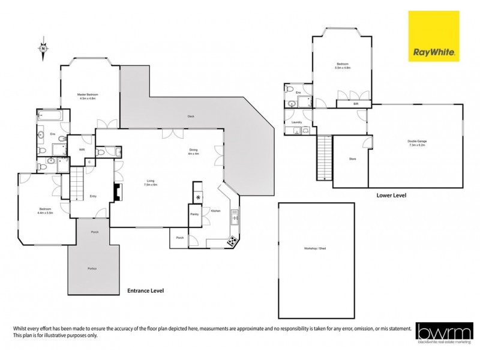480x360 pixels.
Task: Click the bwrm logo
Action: point(442,334)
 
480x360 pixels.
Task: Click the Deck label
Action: point(191,116)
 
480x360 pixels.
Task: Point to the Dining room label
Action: point(193,152)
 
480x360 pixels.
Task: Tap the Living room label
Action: point(151,182)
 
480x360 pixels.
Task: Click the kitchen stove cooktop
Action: point(231,241)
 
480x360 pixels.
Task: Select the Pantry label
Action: point(194,214)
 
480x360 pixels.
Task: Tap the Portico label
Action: point(92,268)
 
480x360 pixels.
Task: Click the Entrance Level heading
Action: point(145,290)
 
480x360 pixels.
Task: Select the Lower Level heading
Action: point(392,196)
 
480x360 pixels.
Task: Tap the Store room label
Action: point(353,159)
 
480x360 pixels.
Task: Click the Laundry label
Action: point(296,122)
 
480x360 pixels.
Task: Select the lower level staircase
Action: point(324,157)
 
